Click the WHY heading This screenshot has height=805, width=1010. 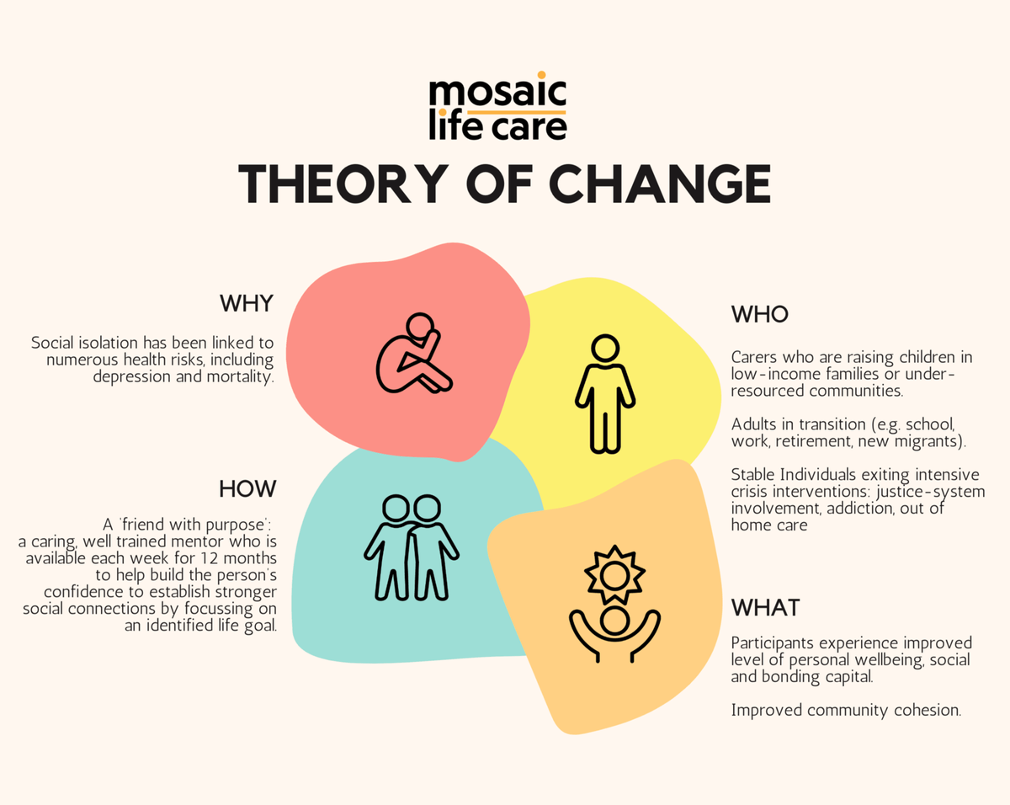click(247, 303)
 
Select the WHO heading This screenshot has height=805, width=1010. click(759, 314)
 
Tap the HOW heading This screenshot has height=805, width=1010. click(247, 489)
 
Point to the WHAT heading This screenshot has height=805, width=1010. click(765, 608)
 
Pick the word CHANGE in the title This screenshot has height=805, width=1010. click(659, 184)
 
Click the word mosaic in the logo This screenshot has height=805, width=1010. click(497, 91)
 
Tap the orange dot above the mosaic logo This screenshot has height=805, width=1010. click(541, 75)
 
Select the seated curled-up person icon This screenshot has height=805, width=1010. click(413, 353)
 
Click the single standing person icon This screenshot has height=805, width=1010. click(605, 393)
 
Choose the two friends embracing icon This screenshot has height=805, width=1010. click(411, 547)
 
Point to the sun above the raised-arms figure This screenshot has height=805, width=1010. click(614, 575)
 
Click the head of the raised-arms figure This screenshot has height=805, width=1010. click(614, 621)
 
